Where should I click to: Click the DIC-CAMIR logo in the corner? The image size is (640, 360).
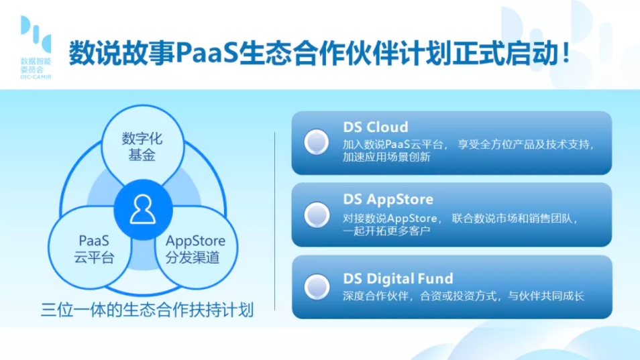click(36, 47)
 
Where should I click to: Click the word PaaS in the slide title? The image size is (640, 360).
click(207, 54)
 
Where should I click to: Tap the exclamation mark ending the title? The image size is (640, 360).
click(566, 52)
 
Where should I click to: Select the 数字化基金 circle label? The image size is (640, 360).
click(142, 146)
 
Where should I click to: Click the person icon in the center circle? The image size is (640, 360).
click(143, 209)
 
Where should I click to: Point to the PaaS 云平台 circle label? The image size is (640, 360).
click(94, 249)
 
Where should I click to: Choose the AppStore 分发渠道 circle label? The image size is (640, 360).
click(195, 249)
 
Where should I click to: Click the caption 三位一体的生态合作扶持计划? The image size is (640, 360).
click(148, 310)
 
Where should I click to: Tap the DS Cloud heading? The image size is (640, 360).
click(376, 127)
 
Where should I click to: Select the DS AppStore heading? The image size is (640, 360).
click(388, 199)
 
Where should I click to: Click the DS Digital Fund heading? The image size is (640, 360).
click(398, 278)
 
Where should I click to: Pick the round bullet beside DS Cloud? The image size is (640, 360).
click(317, 142)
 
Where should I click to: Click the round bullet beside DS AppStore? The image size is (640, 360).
click(317, 215)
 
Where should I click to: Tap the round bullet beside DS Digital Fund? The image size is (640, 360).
click(317, 287)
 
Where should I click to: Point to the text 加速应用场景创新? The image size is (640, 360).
click(386, 158)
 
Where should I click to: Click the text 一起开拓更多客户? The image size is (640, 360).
click(386, 231)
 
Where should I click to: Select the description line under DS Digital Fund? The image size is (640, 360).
click(464, 296)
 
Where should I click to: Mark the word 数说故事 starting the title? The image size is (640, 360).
click(122, 54)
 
